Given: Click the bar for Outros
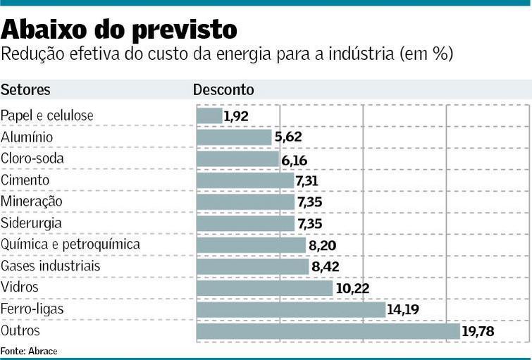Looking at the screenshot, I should (x=328, y=331).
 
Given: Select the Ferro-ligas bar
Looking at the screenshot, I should (x=290, y=309).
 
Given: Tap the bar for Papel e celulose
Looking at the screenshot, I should (x=209, y=116).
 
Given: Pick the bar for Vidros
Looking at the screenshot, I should (x=264, y=288).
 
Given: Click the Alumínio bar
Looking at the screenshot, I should (x=234, y=137).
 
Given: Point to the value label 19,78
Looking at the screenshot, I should (x=479, y=332).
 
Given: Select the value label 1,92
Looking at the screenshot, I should (x=236, y=116).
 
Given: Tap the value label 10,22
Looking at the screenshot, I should (x=352, y=288).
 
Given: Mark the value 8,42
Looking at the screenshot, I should (x=327, y=267).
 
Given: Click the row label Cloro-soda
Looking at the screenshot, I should (x=32, y=159).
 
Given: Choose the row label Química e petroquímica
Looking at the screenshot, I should (x=70, y=244).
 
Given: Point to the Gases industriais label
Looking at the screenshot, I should (x=51, y=266).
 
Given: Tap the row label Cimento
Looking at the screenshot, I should (x=25, y=180).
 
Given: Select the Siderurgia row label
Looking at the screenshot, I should (x=31, y=223).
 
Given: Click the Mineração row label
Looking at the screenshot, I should (x=32, y=201).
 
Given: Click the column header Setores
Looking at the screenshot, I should (x=25, y=90).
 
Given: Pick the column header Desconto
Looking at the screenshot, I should (x=223, y=90).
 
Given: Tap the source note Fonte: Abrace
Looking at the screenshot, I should (x=29, y=351).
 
